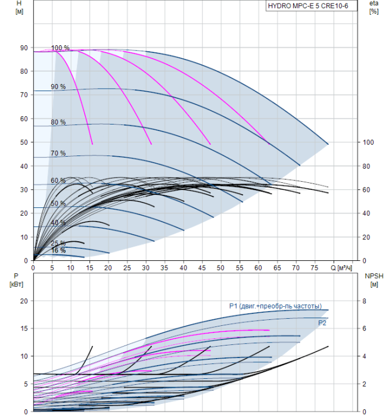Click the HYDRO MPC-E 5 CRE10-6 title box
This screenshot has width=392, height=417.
(312, 6)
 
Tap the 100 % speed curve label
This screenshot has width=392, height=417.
(60, 48)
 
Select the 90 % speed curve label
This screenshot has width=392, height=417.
(58, 87)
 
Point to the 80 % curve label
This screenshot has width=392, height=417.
(58, 122)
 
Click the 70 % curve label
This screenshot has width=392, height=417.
(58, 153)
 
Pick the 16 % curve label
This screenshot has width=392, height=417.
(58, 250)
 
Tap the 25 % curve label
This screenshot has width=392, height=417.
(58, 243)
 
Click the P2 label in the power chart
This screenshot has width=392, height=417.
(322, 323)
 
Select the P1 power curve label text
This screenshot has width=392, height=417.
(275, 306)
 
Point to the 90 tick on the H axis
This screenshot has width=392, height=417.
(24, 48)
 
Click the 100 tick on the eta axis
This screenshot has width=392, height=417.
(368, 142)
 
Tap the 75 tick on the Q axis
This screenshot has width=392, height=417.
(315, 267)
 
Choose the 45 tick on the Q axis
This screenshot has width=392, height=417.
(202, 267)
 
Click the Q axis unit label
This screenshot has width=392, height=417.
(341, 267)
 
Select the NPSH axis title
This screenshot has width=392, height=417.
(374, 280)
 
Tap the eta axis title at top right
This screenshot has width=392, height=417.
(374, 7)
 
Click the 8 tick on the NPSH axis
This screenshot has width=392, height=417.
(364, 301)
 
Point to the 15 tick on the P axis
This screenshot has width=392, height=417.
(24, 328)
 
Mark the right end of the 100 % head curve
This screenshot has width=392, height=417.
(328, 144)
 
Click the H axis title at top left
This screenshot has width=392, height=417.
(19, 7)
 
